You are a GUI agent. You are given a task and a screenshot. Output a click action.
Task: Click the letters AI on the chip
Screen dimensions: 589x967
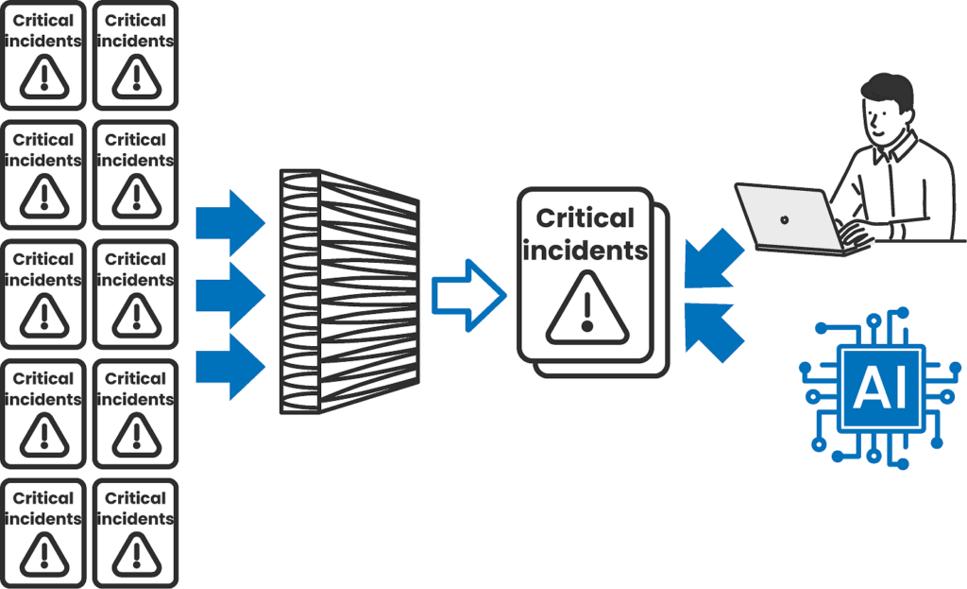[x=879, y=387]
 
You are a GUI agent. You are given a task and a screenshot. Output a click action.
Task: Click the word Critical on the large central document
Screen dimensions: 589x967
[x=585, y=218]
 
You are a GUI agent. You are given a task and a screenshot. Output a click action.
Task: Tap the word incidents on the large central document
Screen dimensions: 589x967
[x=585, y=251]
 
